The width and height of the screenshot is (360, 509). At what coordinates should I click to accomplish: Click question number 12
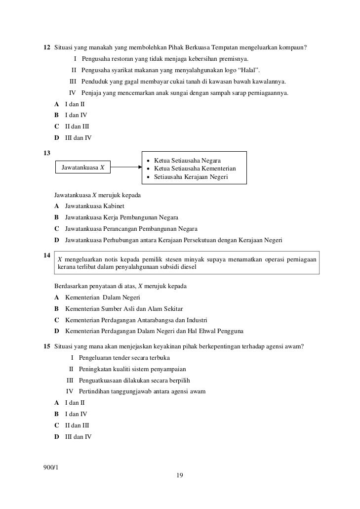pos(47,47)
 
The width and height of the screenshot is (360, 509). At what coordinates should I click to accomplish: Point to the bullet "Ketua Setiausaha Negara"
pos(187,161)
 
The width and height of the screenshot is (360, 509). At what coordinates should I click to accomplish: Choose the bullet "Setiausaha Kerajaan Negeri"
pos(191,176)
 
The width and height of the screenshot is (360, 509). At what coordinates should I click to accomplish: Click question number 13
pos(47,153)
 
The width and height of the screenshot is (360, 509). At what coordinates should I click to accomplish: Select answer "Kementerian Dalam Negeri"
pos(103,297)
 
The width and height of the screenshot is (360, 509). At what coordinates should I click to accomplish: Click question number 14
pos(47,255)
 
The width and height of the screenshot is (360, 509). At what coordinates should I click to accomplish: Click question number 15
pos(47,346)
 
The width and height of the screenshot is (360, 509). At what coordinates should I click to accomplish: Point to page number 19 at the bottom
pos(180,475)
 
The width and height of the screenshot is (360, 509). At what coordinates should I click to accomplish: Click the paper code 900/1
pos(51,467)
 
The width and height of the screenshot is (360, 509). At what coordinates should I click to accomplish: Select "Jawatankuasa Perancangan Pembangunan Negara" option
pos(131,229)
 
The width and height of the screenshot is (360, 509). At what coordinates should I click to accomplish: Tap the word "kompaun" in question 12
pos(294,47)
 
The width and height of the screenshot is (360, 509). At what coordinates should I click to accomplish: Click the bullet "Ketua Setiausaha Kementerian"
pos(195,169)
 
